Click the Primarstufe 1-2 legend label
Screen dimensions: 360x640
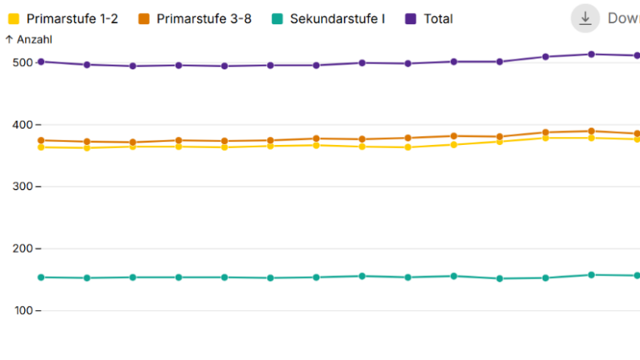(x=72, y=19)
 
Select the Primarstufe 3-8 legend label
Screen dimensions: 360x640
(x=204, y=19)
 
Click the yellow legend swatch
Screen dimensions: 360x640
(x=14, y=19)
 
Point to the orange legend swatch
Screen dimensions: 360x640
(x=144, y=19)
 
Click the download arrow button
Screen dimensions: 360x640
(x=586, y=19)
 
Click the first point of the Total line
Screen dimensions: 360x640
(x=41, y=61)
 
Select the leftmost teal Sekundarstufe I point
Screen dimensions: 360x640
(x=41, y=277)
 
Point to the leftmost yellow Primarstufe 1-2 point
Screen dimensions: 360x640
(x=41, y=147)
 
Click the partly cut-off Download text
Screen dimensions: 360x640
(x=623, y=19)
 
